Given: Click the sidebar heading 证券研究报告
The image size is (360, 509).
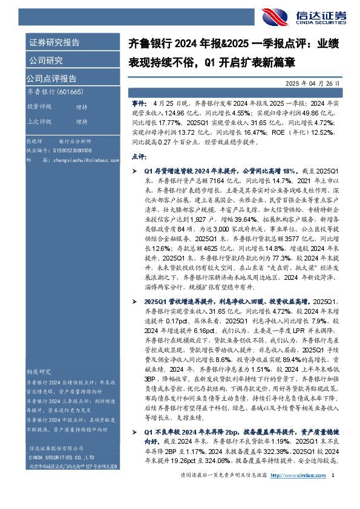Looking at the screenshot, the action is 53,42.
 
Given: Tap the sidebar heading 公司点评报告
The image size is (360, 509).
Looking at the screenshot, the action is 51,78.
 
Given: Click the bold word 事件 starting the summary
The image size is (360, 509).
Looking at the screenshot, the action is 139,105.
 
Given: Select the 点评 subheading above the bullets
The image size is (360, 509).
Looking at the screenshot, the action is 139,157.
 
